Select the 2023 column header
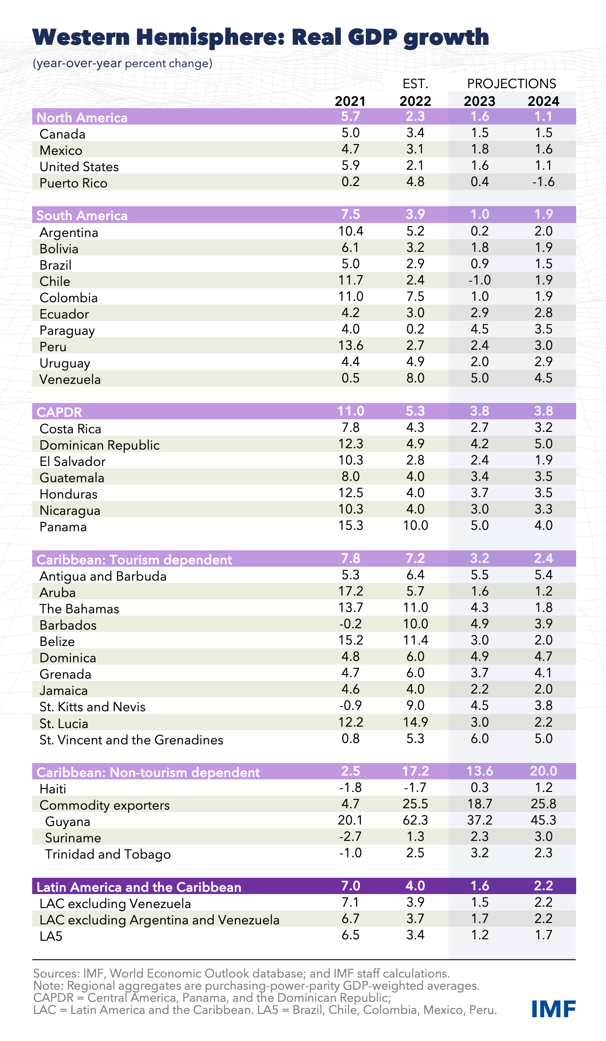(480, 101)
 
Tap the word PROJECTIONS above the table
(511, 83)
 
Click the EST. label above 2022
(415, 84)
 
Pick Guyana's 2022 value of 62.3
(415, 820)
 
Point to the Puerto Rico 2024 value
(543, 181)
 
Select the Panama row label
(63, 527)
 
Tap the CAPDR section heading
(59, 412)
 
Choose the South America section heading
(82, 215)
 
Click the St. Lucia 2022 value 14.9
(415, 722)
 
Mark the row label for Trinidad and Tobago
(108, 854)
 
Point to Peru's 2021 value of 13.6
(351, 345)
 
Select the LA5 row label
(51, 936)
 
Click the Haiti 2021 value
(351, 788)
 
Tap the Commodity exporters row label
(104, 805)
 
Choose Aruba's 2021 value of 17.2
(351, 591)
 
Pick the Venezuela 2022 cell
(415, 378)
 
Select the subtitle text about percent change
(122, 63)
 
